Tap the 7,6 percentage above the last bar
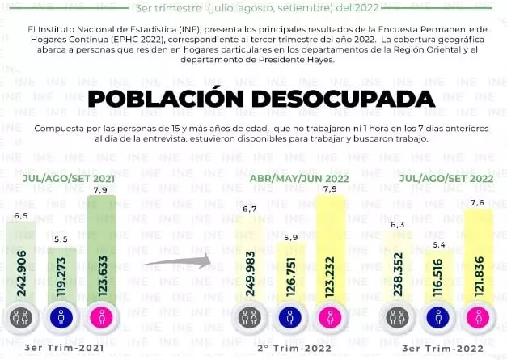coord(477,202)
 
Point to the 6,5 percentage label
coord(22,217)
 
